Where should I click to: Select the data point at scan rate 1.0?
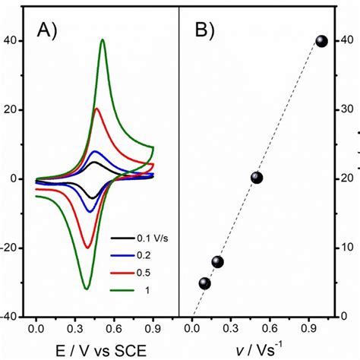321,41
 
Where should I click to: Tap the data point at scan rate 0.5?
257,178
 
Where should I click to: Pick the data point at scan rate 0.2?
218,262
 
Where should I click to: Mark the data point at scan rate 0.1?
204,283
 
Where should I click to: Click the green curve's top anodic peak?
103,40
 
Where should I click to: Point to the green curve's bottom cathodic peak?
86,289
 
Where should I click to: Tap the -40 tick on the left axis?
17,317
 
